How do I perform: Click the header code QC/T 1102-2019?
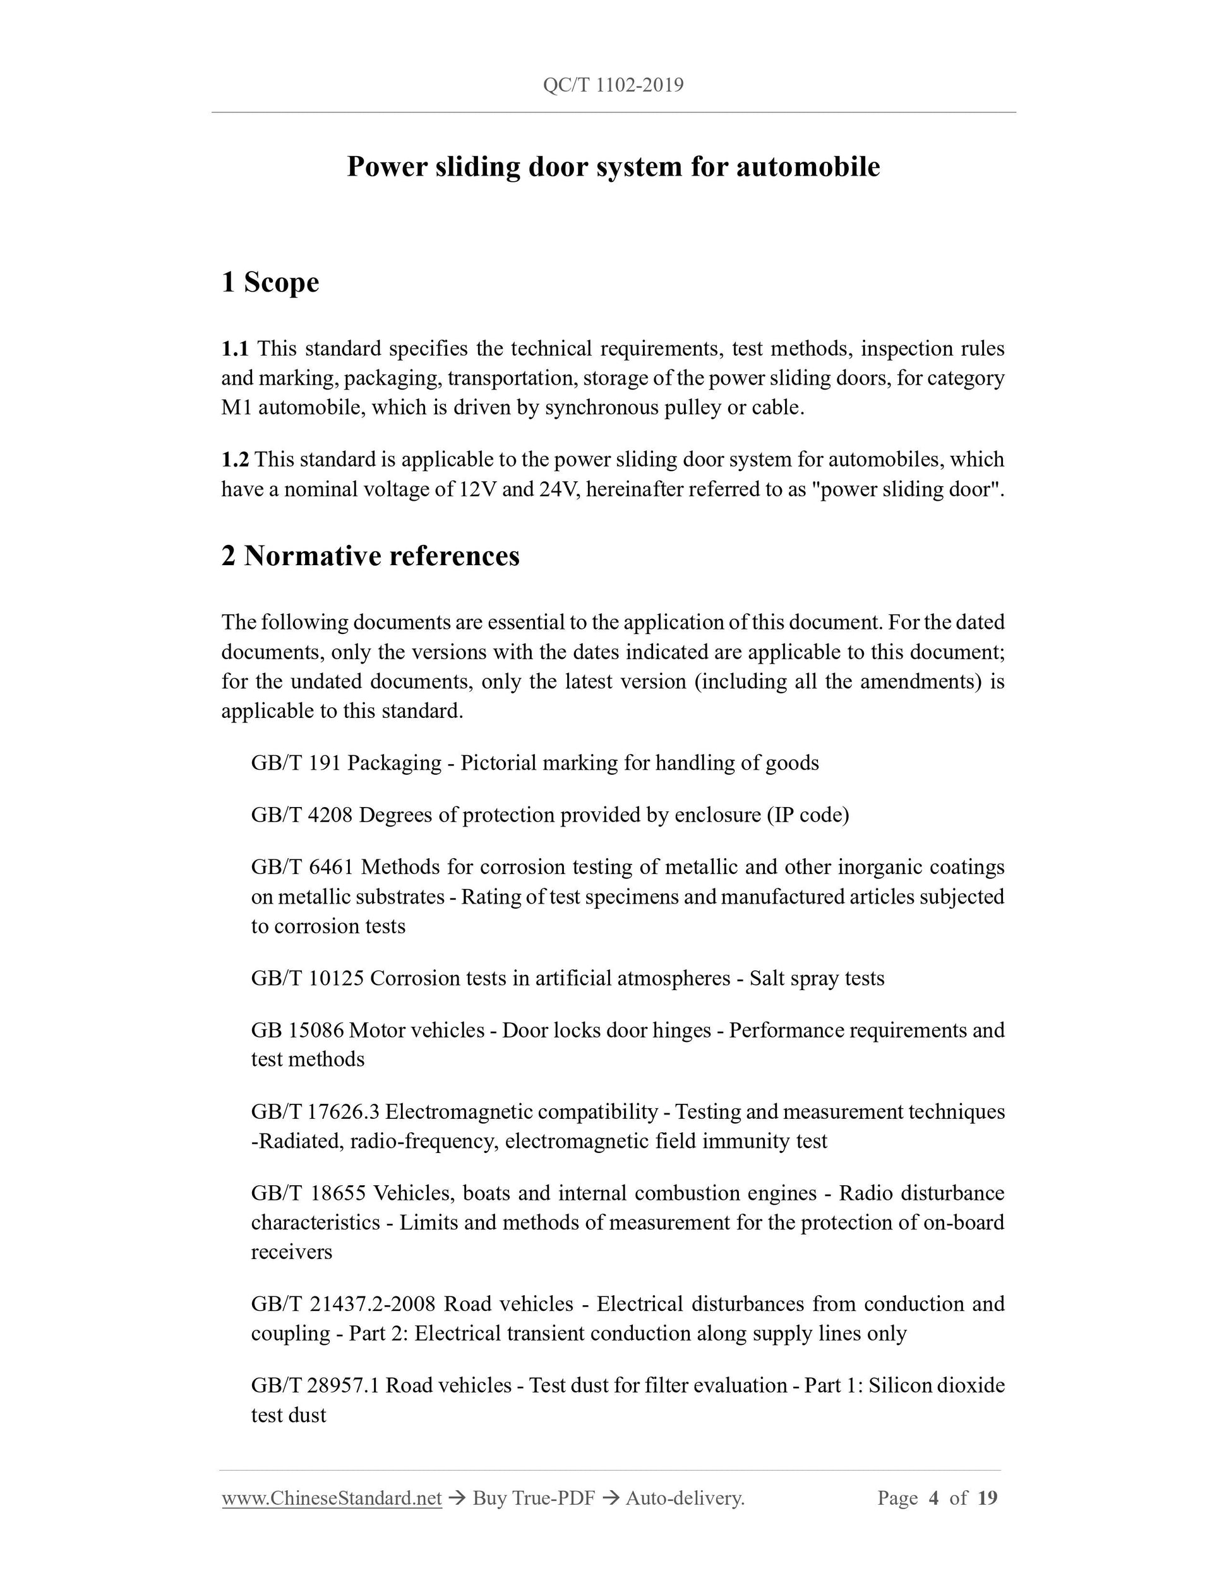tap(613, 86)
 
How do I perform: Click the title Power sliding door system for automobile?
tap(613, 167)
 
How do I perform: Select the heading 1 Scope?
tap(270, 282)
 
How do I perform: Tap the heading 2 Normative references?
tap(371, 556)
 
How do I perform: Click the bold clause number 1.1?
tap(234, 349)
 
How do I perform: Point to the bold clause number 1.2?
tap(234, 459)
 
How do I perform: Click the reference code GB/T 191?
tap(296, 763)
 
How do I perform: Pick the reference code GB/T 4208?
tap(301, 815)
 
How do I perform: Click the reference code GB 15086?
tap(297, 1030)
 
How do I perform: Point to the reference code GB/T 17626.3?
tap(315, 1112)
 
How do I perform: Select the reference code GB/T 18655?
tap(308, 1193)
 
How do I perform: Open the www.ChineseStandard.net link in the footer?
tap(332, 1498)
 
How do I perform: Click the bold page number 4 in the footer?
tap(933, 1498)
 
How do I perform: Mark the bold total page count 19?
tap(987, 1498)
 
